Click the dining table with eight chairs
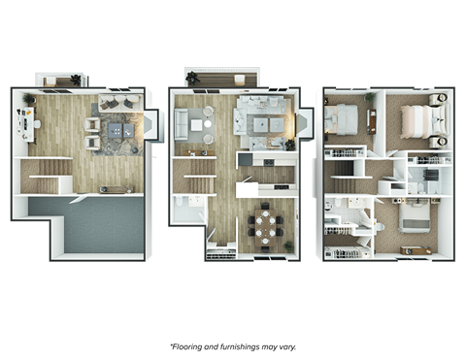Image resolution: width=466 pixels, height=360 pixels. [x=263, y=227]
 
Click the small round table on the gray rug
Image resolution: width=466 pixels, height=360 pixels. [x=202, y=123]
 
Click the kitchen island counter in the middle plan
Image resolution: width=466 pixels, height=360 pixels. [x=264, y=158]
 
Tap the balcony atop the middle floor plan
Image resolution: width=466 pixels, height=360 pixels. [x=222, y=79]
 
